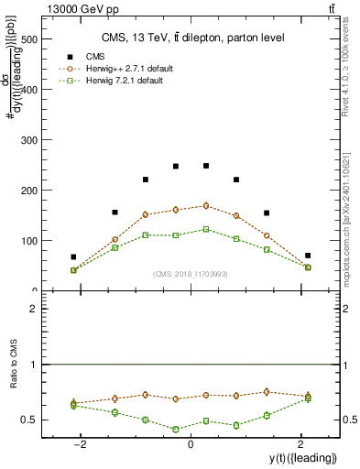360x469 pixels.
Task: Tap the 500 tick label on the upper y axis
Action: (x=28, y=40)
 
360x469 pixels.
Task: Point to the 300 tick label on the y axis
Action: (x=28, y=140)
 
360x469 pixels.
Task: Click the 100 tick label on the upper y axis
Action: (x=28, y=241)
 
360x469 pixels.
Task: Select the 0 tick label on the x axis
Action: (x=190, y=444)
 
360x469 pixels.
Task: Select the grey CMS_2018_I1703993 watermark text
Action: (x=190, y=273)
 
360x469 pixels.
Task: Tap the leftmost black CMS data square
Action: (x=73, y=256)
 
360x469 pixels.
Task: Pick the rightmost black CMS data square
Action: (x=308, y=256)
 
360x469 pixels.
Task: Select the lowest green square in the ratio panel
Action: (x=175, y=429)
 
